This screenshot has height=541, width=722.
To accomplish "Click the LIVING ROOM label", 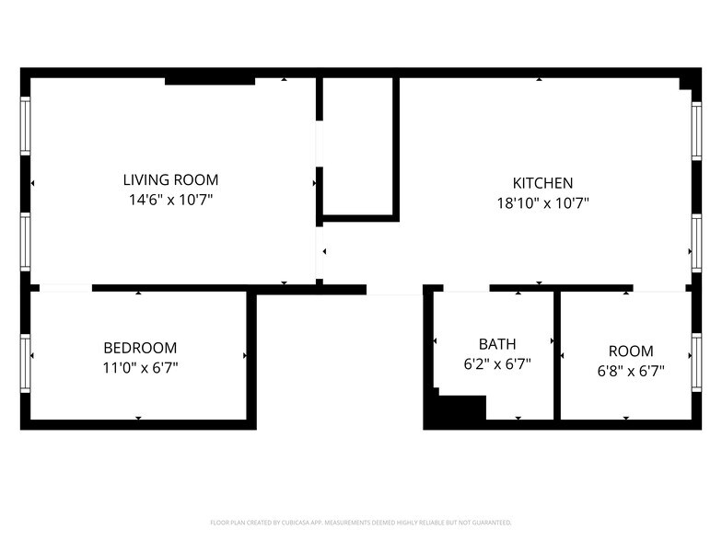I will pos(171,180).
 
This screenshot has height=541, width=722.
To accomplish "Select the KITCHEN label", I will pos(542,183).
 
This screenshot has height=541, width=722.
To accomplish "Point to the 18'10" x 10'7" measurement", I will pos(542,202).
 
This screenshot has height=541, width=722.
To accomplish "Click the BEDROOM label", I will pos(140,348).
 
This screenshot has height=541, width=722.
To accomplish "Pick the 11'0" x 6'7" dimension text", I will pos(140,367).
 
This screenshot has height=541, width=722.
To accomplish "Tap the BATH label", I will pos(497,344).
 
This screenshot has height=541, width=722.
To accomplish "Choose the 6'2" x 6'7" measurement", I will pos(497,363).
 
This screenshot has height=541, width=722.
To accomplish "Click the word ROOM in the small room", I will pos(631,351).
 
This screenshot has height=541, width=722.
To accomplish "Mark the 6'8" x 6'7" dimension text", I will pos(631,371).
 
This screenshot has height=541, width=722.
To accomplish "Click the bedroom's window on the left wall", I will pos(26,351).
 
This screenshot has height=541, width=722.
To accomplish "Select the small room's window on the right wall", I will pos(696,351).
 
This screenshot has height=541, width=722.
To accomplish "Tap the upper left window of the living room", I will pos(26,126).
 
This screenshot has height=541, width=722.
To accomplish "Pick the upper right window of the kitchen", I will pos(696,132).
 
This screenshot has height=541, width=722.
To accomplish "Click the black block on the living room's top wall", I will pos(210,81).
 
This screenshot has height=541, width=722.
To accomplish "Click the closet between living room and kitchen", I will pos(359,147).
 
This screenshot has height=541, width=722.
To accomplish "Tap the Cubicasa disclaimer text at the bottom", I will pos(361,522).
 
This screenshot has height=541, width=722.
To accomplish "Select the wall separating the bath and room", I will pos(557,356).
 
